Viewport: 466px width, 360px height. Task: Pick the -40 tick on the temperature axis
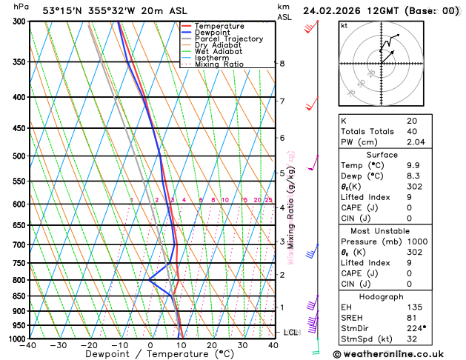(28, 345)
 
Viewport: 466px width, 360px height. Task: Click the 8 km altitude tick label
(282, 64)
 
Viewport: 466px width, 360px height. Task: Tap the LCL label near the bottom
(290, 333)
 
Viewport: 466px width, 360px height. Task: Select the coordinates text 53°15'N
(61, 10)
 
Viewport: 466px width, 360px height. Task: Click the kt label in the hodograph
(344, 25)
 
